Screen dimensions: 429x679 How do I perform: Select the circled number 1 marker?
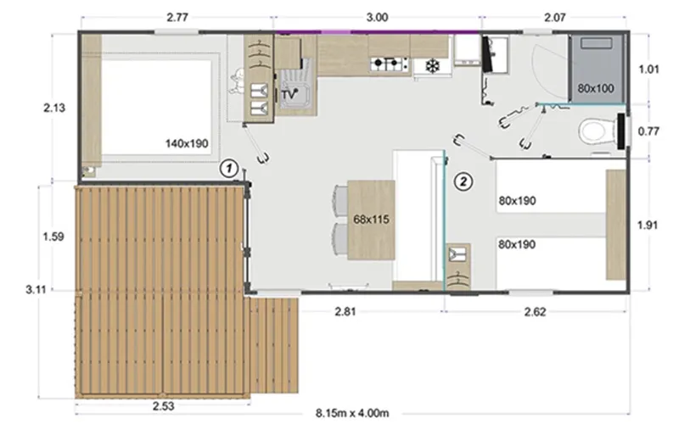227,168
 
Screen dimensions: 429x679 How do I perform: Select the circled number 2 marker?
463,180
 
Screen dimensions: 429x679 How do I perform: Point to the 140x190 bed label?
187,144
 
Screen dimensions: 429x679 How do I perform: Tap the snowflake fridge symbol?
430,65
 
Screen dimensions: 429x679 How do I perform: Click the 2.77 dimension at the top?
179,16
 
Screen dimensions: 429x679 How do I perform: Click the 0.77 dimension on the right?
648,131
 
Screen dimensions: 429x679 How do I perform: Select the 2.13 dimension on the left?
53,107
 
